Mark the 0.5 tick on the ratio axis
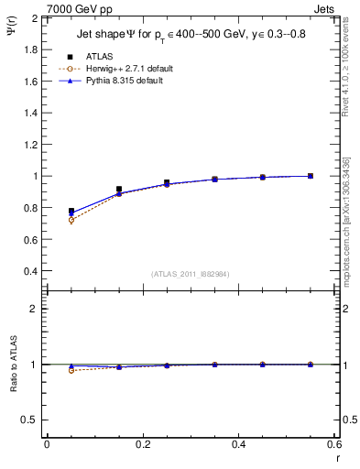[x=29, y=420]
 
